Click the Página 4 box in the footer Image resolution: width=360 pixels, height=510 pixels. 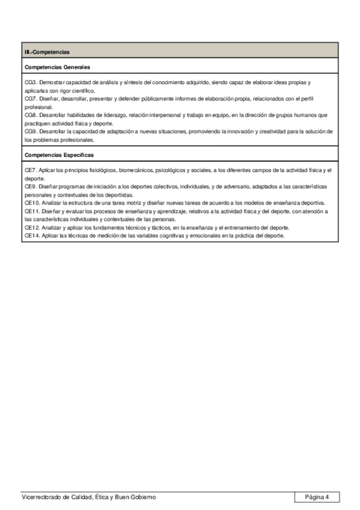point(317,497)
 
